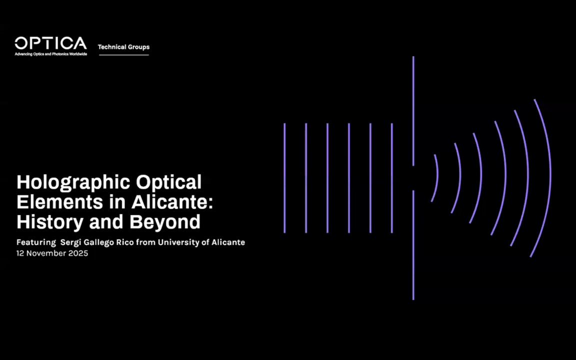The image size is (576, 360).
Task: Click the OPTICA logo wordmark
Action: (x=50, y=43)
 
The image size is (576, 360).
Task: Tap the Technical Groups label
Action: (x=123, y=47)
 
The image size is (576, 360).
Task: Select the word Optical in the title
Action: (x=170, y=182)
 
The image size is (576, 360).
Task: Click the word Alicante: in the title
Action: (x=172, y=202)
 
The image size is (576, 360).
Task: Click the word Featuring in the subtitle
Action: (x=36, y=242)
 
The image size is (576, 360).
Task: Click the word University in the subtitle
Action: (x=189, y=242)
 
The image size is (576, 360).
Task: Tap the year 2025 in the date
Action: (x=79, y=253)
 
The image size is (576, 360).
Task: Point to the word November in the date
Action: (x=47, y=253)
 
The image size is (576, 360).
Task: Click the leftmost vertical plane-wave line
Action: (x=284, y=178)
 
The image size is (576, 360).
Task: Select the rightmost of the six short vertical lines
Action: (x=391, y=178)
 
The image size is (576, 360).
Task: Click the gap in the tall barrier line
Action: (x=413, y=178)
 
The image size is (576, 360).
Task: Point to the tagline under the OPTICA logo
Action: (x=50, y=54)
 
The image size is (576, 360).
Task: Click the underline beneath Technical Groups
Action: (x=123, y=55)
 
